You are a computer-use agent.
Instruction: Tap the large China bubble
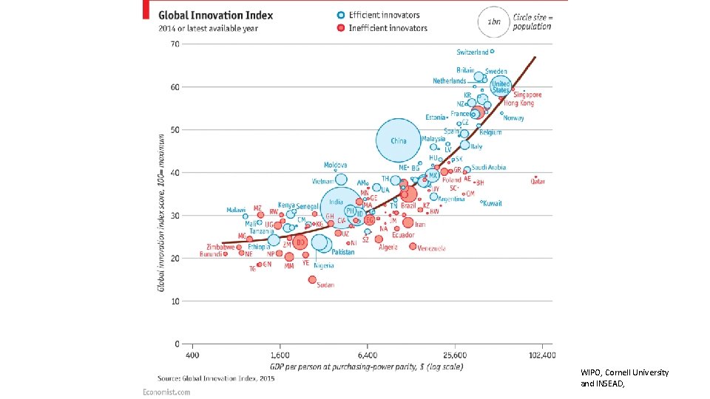398,140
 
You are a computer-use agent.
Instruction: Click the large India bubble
337,202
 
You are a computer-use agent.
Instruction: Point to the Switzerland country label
473,52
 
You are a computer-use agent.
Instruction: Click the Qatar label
538,181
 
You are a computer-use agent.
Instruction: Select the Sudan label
325,284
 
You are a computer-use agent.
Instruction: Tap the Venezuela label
431,248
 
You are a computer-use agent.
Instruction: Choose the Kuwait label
493,203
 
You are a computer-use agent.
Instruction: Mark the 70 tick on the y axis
175,44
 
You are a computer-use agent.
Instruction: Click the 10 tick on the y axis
175,301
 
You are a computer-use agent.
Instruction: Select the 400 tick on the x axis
192,355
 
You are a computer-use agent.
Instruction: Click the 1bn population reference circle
494,21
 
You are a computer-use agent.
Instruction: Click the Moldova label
335,164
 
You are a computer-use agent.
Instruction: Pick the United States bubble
501,86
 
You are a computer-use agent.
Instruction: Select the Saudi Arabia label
489,168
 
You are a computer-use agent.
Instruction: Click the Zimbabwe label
220,247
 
